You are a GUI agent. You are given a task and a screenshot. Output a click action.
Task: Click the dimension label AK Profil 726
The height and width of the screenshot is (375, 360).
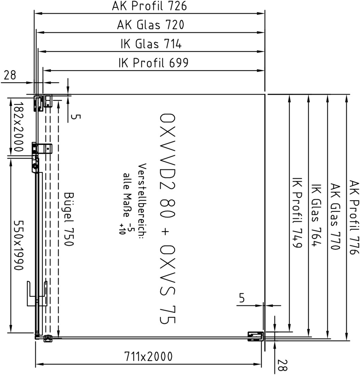pos(149,6)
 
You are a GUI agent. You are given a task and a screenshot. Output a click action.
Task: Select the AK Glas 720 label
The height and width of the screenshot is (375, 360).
pos(151,25)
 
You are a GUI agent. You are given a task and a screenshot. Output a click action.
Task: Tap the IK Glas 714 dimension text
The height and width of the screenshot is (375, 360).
pos(151,44)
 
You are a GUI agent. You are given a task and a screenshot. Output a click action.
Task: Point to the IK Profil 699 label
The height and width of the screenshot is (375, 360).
pos(153,63)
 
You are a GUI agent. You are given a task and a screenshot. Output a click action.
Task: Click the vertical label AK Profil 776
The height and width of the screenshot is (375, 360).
pos(354,217)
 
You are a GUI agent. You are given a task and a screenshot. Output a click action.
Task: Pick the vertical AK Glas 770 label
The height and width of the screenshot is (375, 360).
pos(335,217)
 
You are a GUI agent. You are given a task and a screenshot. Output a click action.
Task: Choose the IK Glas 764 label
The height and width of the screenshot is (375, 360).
pos(316,215)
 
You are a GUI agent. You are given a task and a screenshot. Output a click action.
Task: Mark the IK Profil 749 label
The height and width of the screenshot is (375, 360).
pos(297,212)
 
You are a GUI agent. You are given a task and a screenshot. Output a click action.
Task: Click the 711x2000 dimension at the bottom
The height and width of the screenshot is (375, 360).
pos(148,357)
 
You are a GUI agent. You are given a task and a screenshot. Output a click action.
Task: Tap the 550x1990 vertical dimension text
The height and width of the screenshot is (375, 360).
pos(18,245)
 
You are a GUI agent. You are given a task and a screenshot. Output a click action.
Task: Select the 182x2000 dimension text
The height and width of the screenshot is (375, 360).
pos(18,127)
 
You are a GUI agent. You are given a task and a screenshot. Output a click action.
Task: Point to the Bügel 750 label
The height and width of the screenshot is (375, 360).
pos(69,219)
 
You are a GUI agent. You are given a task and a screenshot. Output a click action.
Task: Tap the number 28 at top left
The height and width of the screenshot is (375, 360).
pos(10,75)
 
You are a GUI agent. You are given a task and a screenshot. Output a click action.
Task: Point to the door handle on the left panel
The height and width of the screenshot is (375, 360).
pos(37,294)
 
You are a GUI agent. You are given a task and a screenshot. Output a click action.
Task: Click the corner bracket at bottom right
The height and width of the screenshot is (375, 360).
pos(256,336)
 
